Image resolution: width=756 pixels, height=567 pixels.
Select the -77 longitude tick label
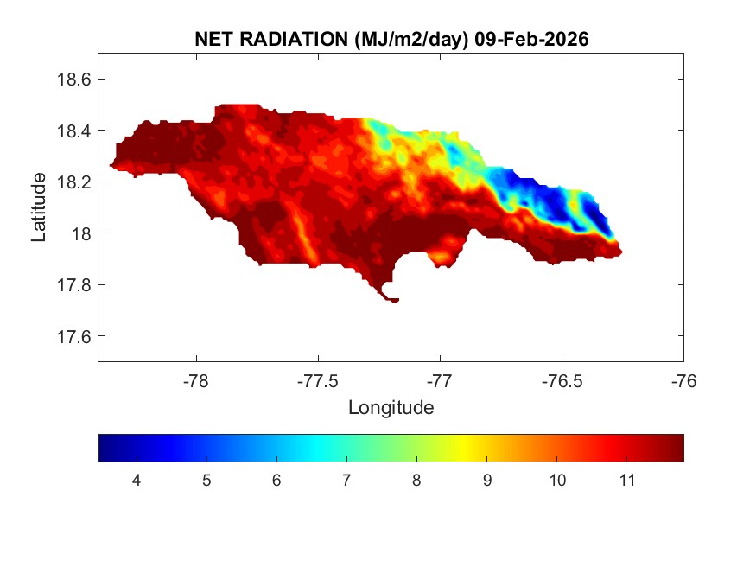tap(441, 380)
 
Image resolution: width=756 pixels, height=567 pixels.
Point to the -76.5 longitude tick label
tap(562, 380)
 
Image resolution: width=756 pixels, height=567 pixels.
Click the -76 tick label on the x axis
tap(684, 380)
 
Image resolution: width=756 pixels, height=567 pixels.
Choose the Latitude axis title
tap(39, 207)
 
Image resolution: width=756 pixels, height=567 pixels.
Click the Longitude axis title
tap(391, 407)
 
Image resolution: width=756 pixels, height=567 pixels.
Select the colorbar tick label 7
tap(346, 481)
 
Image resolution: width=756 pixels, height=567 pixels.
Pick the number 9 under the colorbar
tap(486, 481)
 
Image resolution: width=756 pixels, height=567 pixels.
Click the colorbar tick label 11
tap(627, 481)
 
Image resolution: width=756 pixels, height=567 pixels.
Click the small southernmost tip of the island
tap(393, 300)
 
